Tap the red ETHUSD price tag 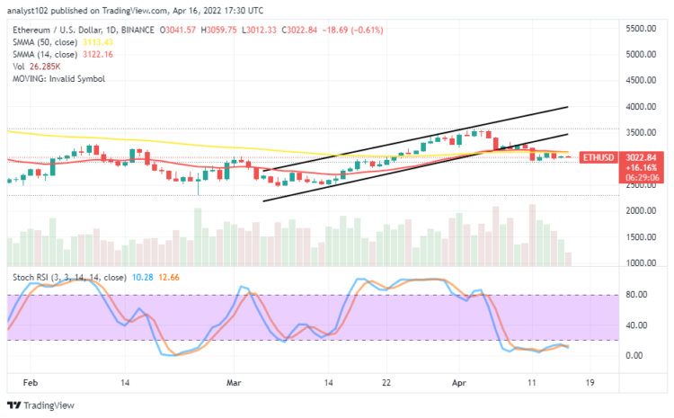click(599, 157)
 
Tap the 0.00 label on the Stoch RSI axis click(635, 355)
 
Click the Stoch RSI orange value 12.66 click(169, 279)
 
